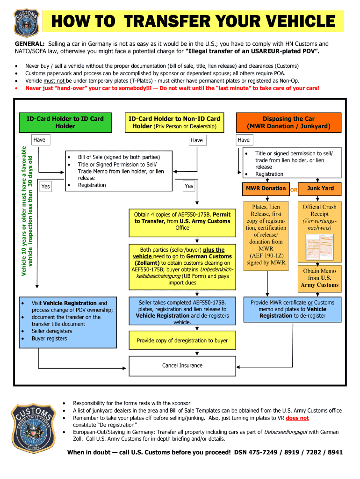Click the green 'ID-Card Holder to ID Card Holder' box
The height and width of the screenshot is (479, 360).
coord(65,123)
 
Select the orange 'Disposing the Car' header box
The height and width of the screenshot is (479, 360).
coord(288,123)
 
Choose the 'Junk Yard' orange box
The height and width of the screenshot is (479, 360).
coord(320,189)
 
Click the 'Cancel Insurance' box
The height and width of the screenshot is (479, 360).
coord(182,366)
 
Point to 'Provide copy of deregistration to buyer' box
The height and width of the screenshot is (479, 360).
coord(182,341)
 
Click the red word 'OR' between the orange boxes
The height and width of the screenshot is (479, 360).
coord(294,190)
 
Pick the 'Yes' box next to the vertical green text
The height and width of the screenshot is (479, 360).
coord(45,187)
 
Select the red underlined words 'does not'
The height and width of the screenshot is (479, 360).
coord(297,418)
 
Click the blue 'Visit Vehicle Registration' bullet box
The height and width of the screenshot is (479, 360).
coord(68,321)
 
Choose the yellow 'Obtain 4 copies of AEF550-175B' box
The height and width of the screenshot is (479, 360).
coord(182,221)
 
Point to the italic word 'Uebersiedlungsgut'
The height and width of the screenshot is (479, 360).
coord(286,432)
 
